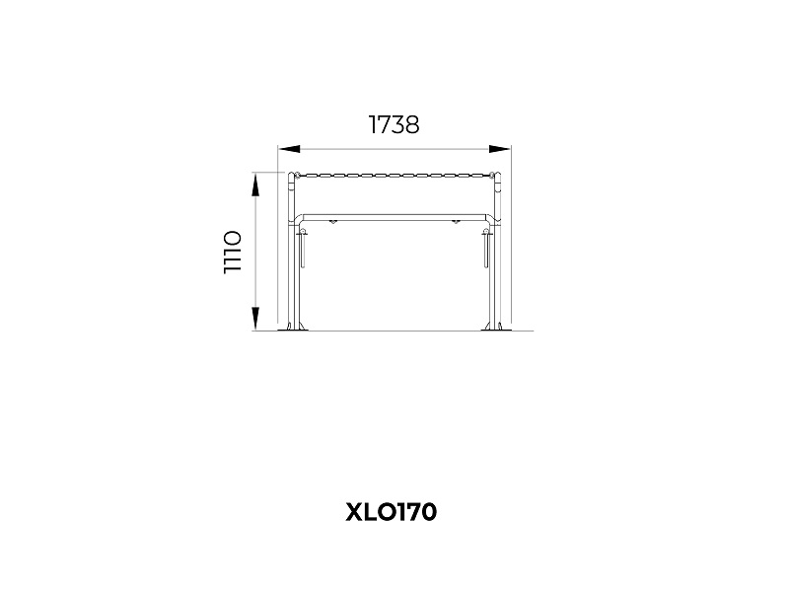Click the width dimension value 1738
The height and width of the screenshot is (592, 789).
[x=394, y=125]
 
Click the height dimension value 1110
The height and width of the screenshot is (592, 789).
[x=233, y=253]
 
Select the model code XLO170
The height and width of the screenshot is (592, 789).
[x=391, y=512]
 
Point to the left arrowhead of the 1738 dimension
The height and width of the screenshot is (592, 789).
[x=289, y=149]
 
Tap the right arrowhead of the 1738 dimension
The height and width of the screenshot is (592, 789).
[x=500, y=149]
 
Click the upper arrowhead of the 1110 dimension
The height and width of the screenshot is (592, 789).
[x=255, y=185]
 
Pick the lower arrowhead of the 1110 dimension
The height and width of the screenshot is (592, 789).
[x=255, y=319]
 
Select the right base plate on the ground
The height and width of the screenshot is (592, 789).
[x=495, y=330]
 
